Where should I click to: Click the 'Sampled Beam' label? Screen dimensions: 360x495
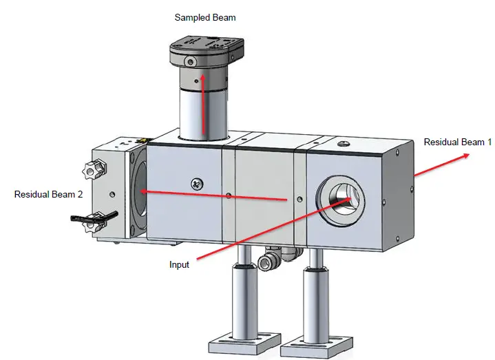pos(205,17)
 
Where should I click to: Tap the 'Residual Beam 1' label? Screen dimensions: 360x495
pos(458,142)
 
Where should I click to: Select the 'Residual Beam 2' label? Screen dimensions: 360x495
pos(48,195)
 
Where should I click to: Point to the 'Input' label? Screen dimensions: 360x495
pos(179,264)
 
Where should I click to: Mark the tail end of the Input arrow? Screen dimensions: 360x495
pos(197,260)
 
